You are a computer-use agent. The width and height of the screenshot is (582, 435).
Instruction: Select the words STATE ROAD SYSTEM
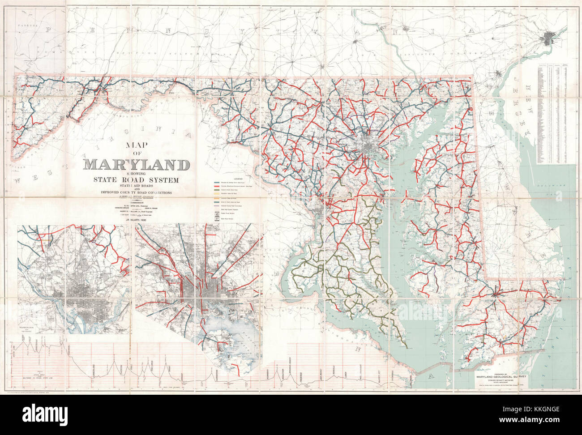point(135,180)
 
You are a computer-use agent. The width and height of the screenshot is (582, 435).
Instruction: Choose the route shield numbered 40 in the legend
point(217,213)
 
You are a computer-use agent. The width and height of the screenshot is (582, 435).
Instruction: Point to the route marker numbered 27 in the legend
point(217,219)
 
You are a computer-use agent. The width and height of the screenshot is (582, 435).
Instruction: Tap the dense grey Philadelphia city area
point(549,38)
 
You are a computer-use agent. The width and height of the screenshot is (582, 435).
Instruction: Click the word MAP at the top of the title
point(136,145)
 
